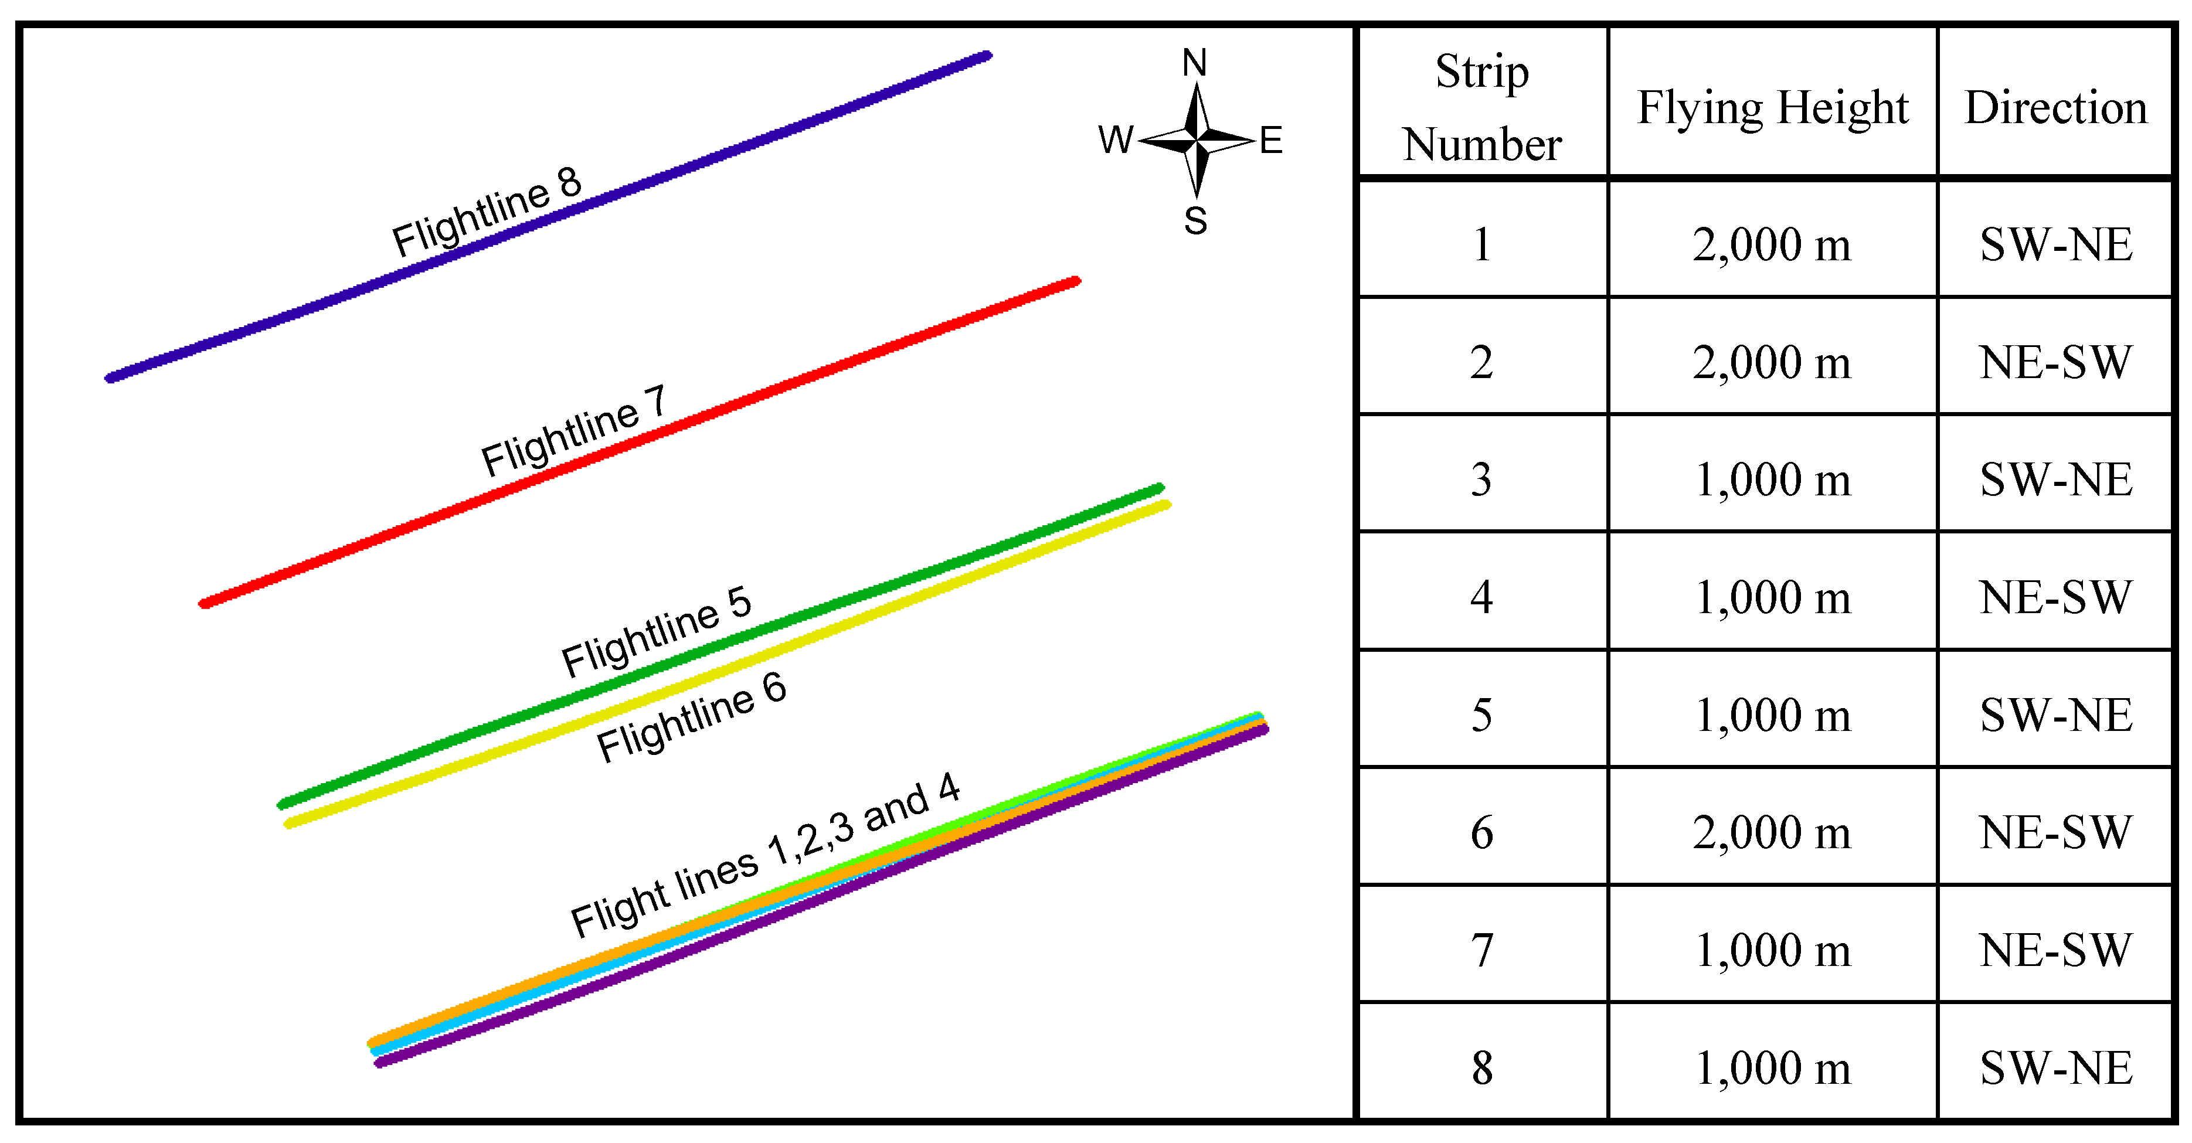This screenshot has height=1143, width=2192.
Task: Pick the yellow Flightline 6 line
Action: [851, 621]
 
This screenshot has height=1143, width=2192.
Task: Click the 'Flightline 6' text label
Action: [691, 717]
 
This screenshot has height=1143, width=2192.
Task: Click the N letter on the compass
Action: [1195, 63]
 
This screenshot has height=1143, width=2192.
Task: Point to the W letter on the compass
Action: [1116, 140]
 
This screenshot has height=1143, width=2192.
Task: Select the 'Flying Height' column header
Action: [1772, 108]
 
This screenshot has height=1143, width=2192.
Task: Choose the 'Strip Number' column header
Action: [1481, 107]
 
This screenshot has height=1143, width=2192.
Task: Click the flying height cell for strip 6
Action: [1772, 832]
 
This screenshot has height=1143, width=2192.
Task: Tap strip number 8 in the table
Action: [1481, 1067]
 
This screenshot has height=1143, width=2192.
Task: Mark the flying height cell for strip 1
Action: [1772, 244]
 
